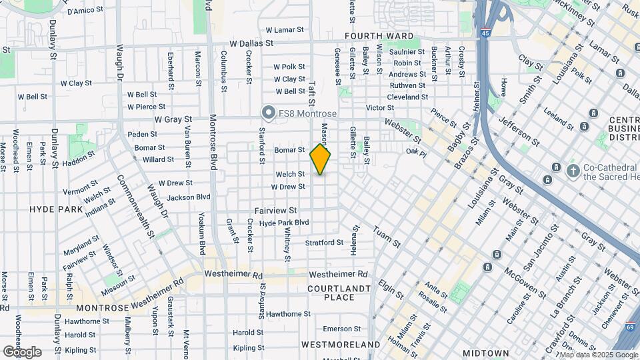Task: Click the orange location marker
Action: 321,159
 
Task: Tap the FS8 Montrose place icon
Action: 269,113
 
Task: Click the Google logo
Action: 22,351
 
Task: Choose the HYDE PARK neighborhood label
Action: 56,209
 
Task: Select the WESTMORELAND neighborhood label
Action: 340,345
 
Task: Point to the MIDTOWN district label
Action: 485,352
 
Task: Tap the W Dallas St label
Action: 251,43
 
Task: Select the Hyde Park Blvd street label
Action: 284,223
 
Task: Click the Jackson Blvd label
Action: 188,197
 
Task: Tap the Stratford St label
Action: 324,243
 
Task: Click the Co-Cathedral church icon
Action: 572,170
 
